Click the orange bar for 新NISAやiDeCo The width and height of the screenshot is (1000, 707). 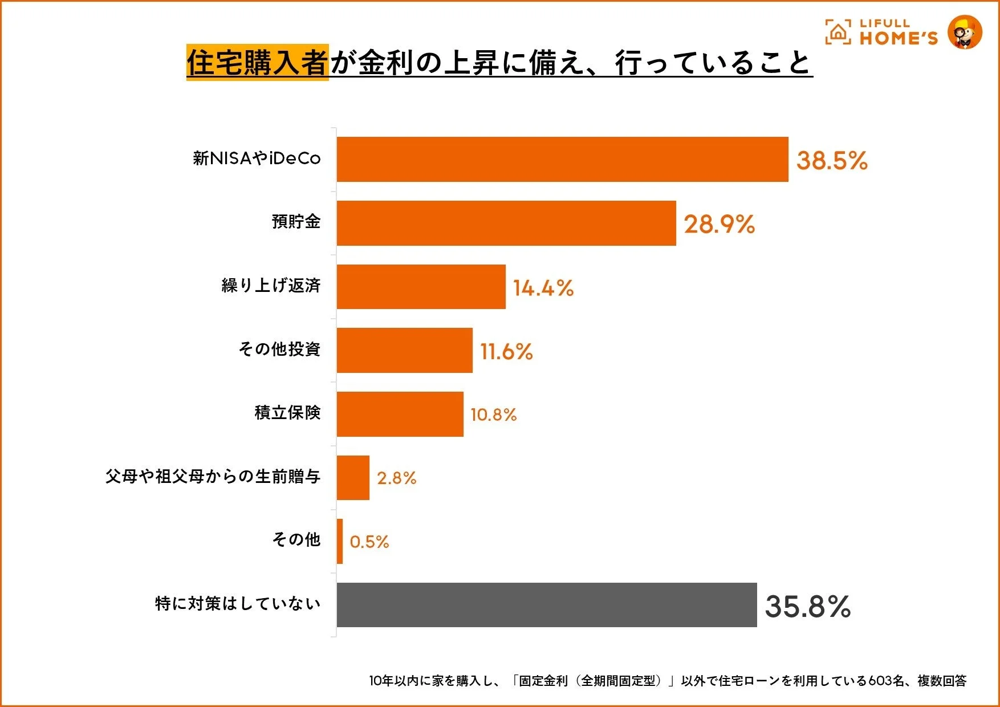click(x=562, y=160)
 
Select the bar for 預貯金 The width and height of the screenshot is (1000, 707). click(x=506, y=224)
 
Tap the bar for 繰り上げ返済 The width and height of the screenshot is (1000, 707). click(x=421, y=287)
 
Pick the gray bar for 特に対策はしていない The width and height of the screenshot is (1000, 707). click(x=546, y=605)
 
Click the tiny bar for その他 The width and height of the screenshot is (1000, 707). click(x=340, y=541)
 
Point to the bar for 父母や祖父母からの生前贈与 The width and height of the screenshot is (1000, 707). click(x=353, y=478)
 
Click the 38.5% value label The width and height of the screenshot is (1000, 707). click(x=831, y=160)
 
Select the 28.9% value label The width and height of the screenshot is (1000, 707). click(x=719, y=224)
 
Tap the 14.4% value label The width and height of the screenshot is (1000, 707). click(x=543, y=288)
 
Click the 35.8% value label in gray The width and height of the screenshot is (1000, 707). click(x=807, y=606)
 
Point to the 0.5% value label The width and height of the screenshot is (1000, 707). click(x=369, y=542)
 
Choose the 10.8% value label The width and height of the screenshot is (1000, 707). click(x=493, y=415)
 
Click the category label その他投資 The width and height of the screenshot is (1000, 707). click(x=279, y=349)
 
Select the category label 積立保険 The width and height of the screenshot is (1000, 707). click(x=287, y=412)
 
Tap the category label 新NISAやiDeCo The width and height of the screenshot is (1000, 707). click(x=257, y=158)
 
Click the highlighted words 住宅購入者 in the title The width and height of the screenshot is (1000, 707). click(x=257, y=62)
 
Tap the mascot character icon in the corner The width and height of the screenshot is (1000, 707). click(x=965, y=32)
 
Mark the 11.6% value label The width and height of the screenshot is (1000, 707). click(x=506, y=351)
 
